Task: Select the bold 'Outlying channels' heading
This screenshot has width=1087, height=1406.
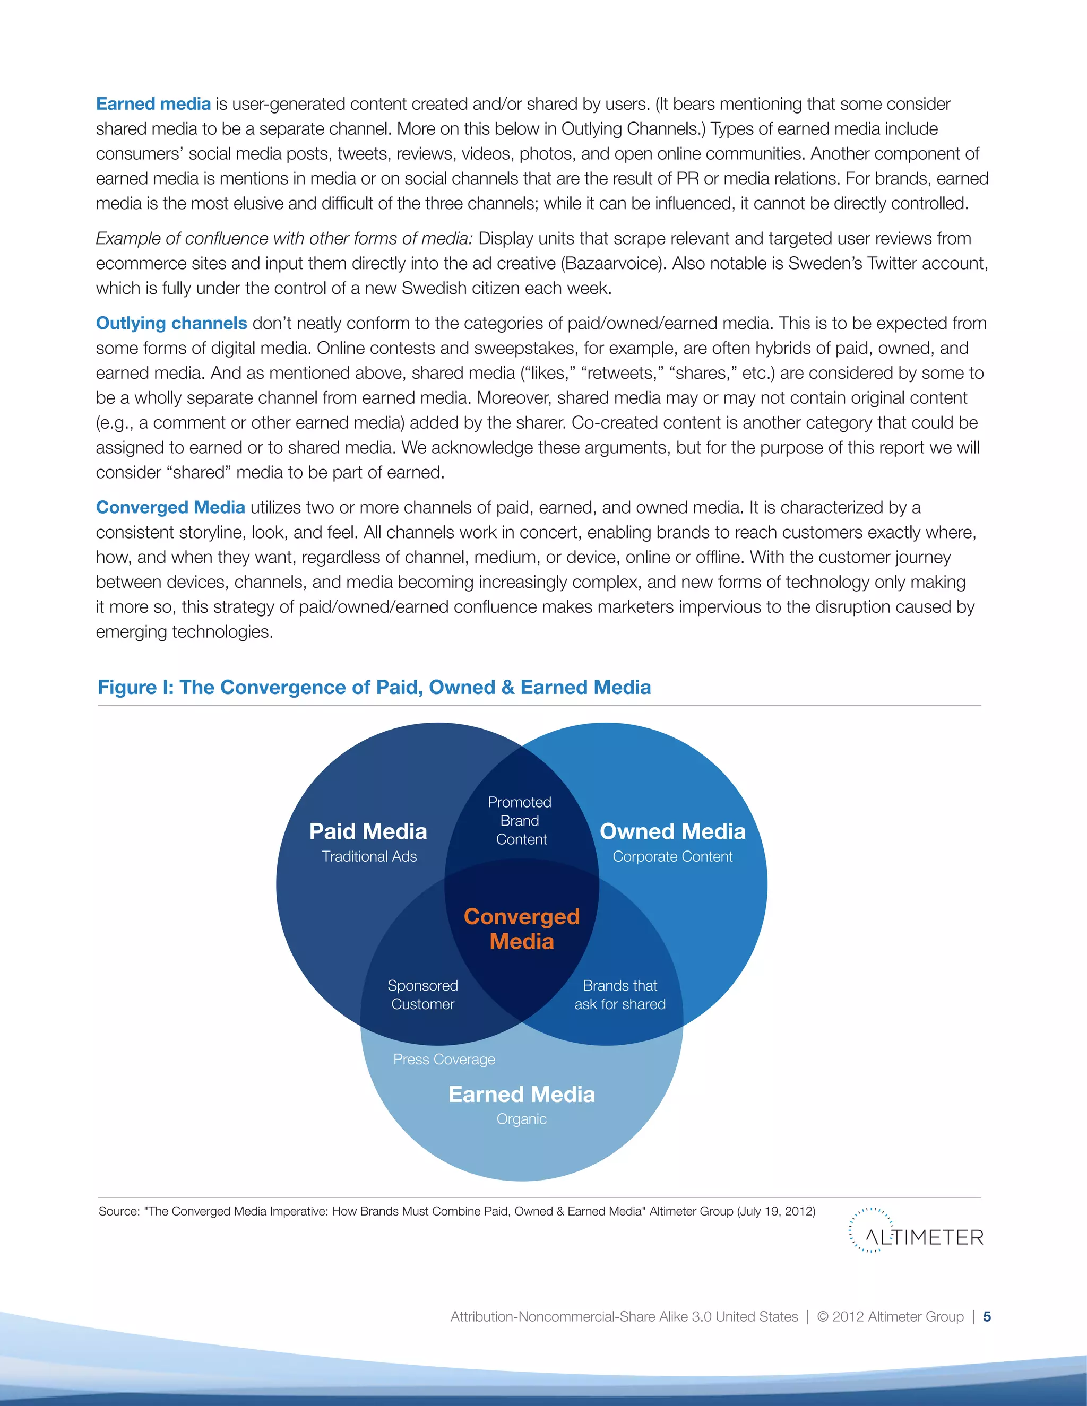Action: click(x=171, y=323)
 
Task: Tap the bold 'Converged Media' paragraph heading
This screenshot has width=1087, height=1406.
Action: click(x=171, y=507)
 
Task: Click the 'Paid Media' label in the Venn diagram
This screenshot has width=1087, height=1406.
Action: click(x=368, y=831)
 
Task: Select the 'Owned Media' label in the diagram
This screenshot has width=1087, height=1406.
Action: click(x=672, y=831)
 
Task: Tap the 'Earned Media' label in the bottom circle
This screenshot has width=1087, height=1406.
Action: click(x=522, y=1095)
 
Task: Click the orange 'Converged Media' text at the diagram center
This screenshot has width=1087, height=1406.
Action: click(x=522, y=928)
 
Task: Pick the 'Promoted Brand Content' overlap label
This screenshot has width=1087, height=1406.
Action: click(x=520, y=821)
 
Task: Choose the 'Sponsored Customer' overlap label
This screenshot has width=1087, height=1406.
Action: click(x=423, y=995)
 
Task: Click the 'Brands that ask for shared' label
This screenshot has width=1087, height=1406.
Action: click(x=620, y=995)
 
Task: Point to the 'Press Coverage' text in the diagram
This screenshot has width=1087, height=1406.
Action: click(x=444, y=1059)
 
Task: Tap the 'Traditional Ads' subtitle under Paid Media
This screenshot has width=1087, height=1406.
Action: click(x=369, y=856)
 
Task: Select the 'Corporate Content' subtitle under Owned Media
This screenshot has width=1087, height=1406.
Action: click(x=672, y=856)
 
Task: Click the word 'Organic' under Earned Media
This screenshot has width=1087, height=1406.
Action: click(x=522, y=1119)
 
